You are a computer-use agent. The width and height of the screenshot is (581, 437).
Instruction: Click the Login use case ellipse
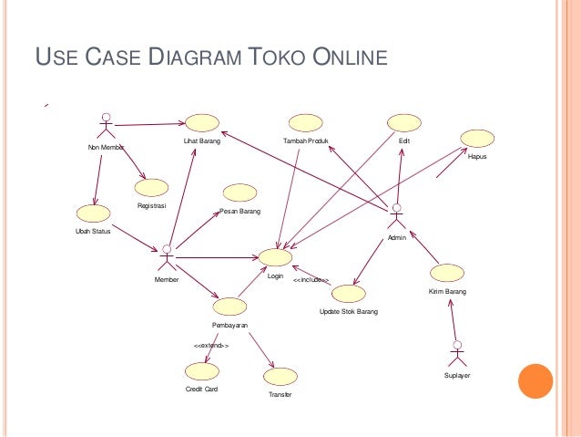(x=275, y=258)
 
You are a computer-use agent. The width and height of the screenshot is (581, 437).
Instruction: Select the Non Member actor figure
(x=107, y=129)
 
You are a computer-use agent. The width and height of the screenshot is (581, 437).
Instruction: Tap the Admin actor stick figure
(x=395, y=217)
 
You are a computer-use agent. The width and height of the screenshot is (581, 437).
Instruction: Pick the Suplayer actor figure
(x=456, y=354)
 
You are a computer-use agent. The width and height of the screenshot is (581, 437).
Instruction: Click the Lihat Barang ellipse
(x=201, y=123)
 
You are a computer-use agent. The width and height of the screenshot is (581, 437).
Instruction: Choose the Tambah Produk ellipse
(x=305, y=123)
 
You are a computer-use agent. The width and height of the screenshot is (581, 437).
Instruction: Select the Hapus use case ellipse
(x=477, y=138)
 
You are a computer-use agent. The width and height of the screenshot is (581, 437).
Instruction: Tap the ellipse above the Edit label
(x=403, y=122)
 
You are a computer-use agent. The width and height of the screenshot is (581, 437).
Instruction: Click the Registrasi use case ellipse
(x=151, y=187)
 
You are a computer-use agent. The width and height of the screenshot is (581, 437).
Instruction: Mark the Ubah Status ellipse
(x=93, y=213)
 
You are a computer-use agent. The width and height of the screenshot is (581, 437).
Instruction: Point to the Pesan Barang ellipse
(x=240, y=192)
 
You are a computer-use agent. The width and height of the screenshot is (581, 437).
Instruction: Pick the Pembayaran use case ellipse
(x=229, y=306)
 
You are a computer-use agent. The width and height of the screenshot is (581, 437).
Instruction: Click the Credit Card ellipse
(x=200, y=371)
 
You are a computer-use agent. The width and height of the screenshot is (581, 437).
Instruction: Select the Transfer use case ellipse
(x=280, y=376)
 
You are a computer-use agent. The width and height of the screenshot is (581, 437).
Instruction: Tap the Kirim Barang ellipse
(x=447, y=273)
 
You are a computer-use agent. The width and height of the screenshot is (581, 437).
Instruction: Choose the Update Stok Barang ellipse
(x=348, y=294)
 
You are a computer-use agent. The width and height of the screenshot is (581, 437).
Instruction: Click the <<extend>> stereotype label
(x=211, y=347)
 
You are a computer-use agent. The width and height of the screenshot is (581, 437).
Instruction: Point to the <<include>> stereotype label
(x=311, y=281)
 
